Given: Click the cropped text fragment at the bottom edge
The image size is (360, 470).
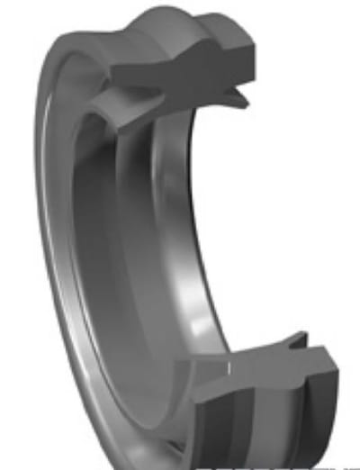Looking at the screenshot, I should click(297, 465).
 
